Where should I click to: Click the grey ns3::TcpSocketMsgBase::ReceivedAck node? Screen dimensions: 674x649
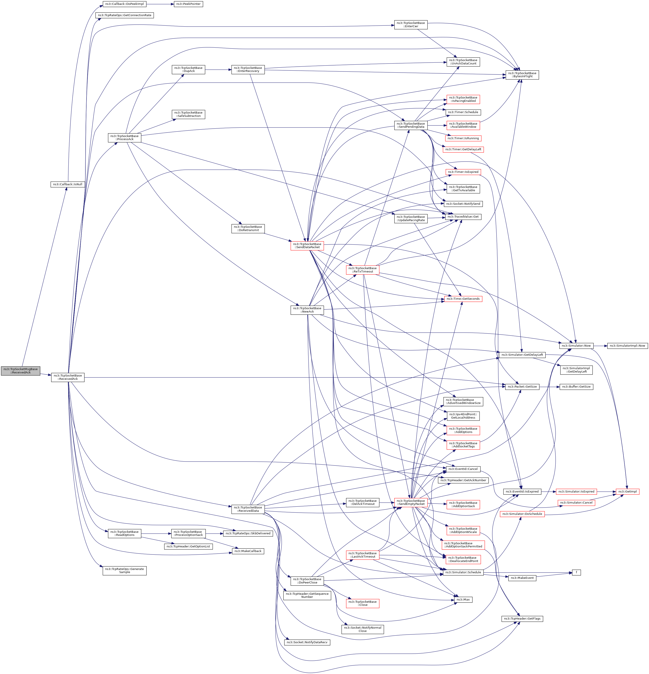coord(21,371)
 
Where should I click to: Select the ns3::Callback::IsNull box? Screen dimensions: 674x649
coord(68,184)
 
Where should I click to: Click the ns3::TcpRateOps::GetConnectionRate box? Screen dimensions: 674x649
coord(124,15)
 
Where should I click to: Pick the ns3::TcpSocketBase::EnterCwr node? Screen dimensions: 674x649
coord(410,24)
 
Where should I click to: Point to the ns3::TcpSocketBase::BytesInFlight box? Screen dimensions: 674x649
coord(522,75)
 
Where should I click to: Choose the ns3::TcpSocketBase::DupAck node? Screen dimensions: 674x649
coord(188,70)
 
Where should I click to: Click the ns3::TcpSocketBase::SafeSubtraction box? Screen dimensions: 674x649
coord(188,114)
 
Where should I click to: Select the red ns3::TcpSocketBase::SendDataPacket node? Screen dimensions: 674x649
coord(307,245)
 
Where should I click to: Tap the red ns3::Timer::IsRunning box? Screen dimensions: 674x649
coord(463,138)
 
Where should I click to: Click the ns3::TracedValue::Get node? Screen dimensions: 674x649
coord(463,217)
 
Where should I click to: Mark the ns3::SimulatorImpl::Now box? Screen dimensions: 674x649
coord(627,346)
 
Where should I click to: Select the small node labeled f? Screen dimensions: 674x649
coord(576,572)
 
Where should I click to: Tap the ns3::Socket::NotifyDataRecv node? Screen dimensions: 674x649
coord(307,642)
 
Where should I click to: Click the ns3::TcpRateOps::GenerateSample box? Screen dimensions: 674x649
coord(124,570)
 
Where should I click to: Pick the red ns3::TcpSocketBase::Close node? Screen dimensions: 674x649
coord(362,603)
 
